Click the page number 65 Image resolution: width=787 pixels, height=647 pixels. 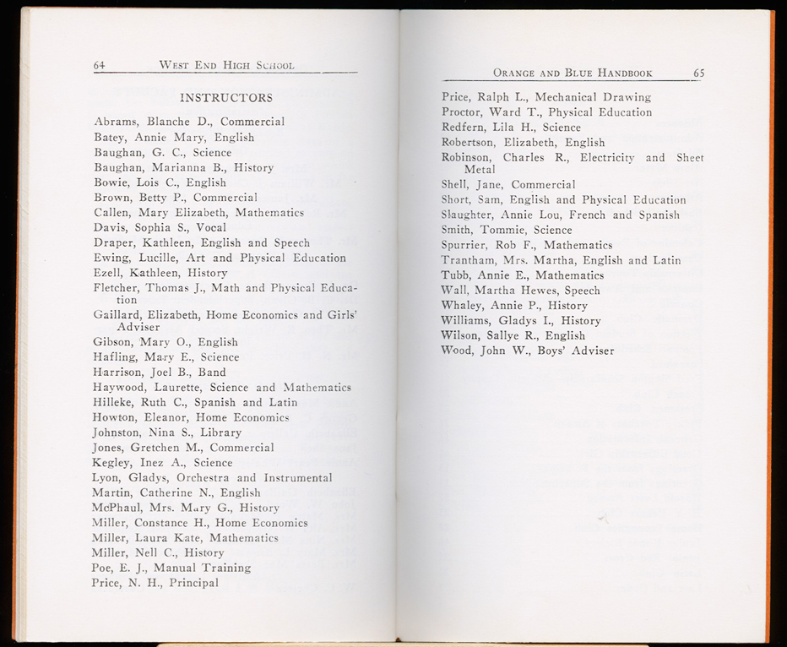698,73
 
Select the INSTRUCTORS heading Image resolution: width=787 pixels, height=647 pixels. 226,98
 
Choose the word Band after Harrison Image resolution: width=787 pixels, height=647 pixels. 212,372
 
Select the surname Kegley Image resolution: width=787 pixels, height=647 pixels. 112,463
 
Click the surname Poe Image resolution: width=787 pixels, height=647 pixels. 102,568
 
